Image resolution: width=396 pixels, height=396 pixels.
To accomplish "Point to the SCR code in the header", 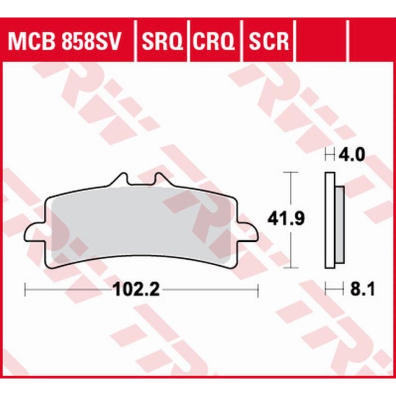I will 269,40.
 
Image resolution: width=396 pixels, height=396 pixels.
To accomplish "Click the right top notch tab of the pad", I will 160,179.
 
